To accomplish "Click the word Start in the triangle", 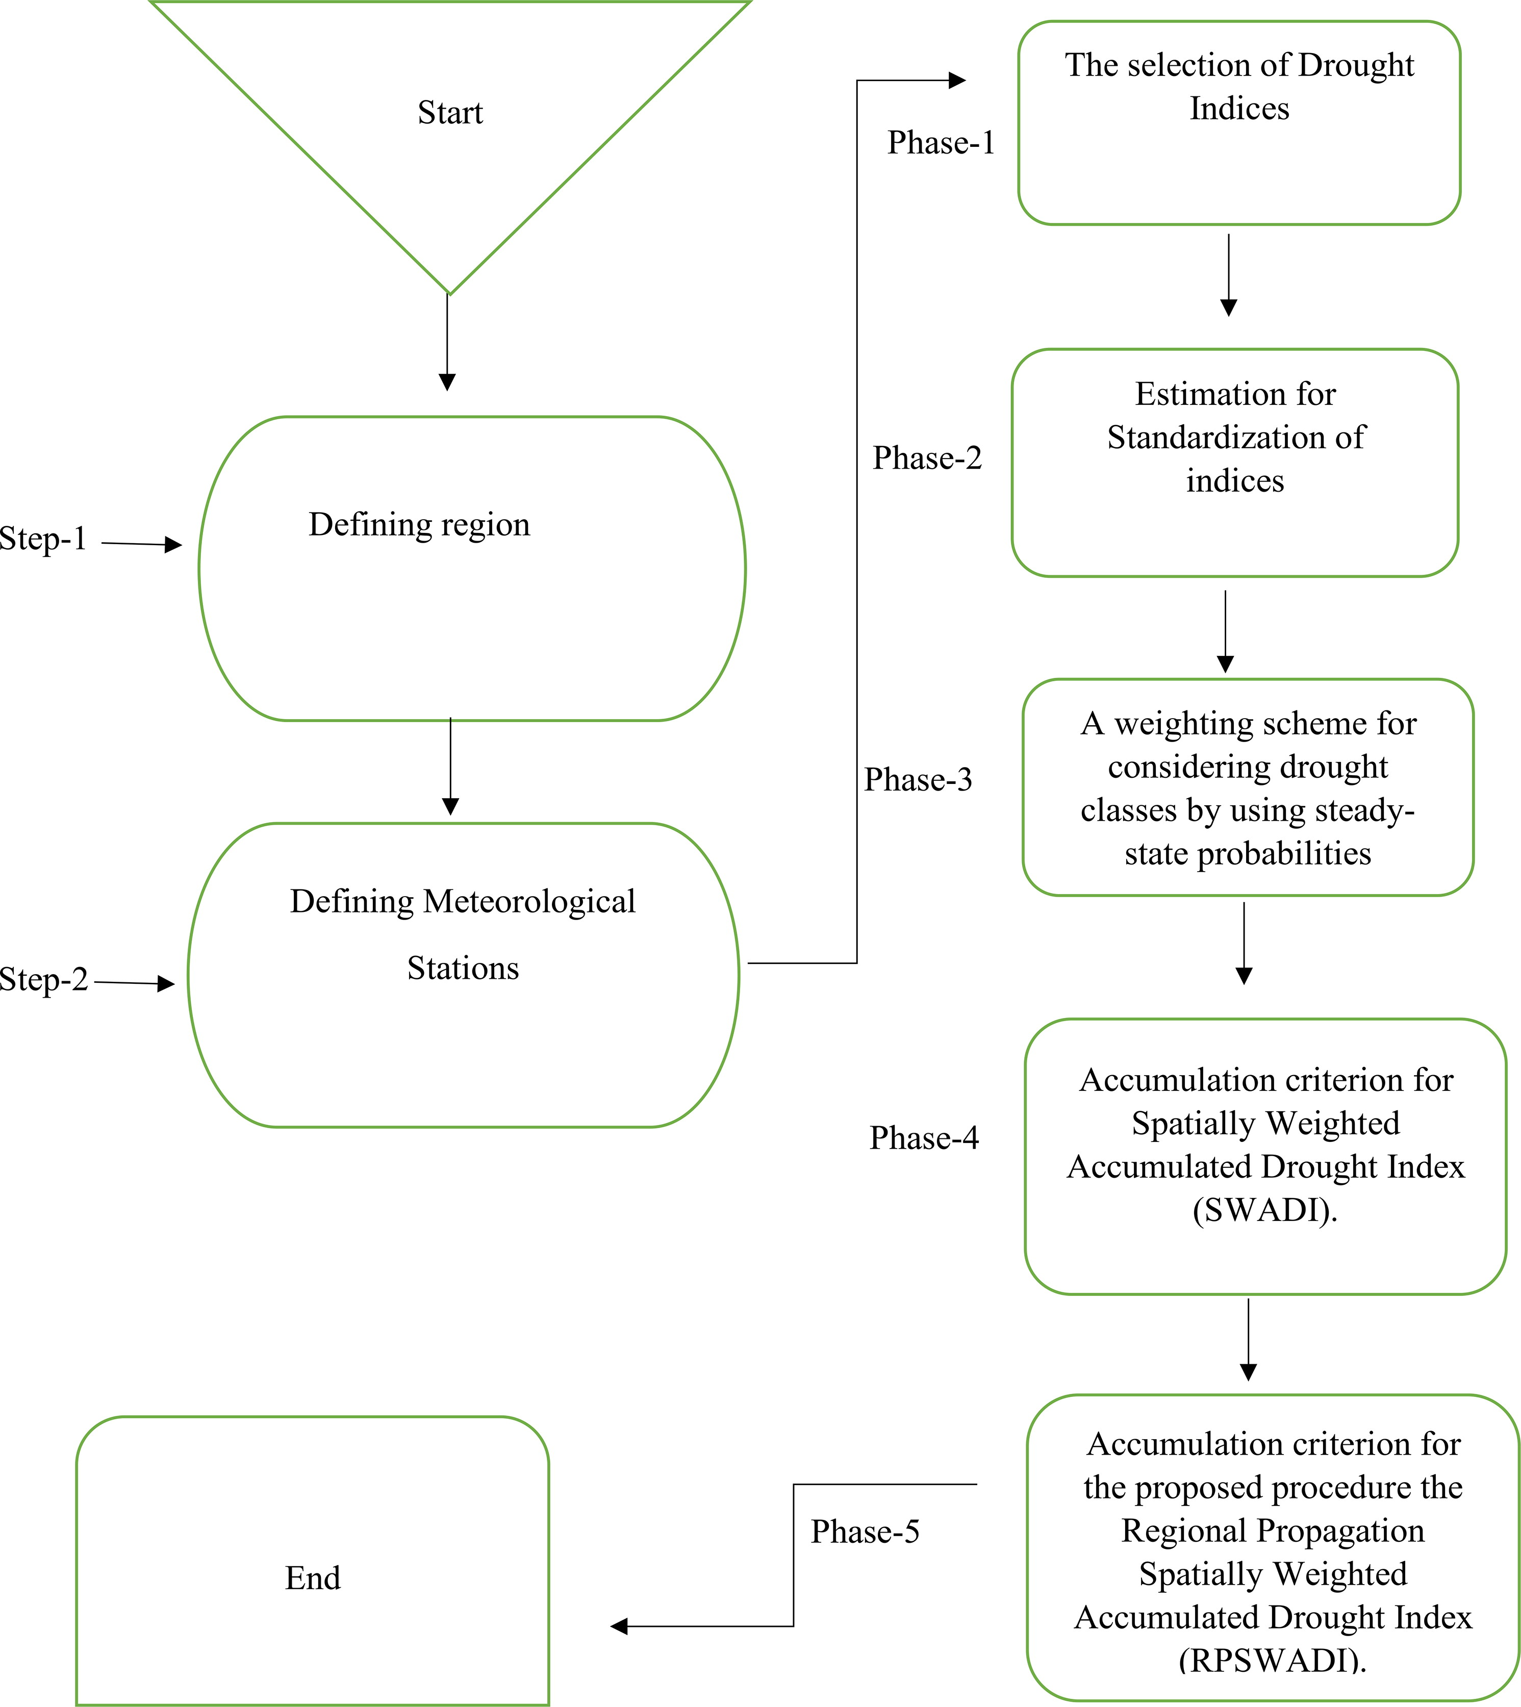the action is (x=450, y=112).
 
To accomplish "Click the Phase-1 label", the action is (x=941, y=143).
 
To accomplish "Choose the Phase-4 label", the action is (x=923, y=1138).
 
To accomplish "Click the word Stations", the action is (x=463, y=967).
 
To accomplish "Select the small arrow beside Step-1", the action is (x=142, y=545).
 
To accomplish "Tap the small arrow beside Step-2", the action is (x=135, y=983).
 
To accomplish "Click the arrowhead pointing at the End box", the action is (x=619, y=1626).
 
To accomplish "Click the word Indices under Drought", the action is (x=1239, y=109).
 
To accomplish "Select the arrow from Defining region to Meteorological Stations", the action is (x=450, y=766).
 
